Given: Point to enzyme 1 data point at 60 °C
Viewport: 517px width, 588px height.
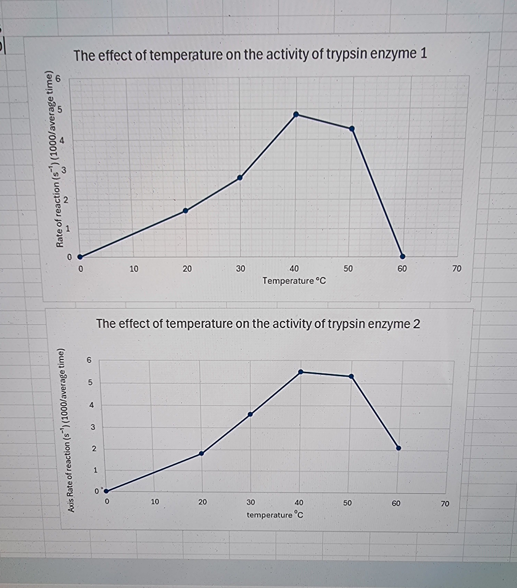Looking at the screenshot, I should pyautogui.click(x=403, y=256).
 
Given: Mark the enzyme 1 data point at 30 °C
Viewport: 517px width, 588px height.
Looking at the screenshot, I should pyautogui.click(x=240, y=177).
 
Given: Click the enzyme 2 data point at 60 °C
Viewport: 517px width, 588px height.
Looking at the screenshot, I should pyautogui.click(x=398, y=448).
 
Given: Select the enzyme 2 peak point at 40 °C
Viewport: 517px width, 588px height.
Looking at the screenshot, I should pyautogui.click(x=301, y=372).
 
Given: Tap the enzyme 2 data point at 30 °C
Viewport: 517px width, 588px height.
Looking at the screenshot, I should pyautogui.click(x=250, y=414).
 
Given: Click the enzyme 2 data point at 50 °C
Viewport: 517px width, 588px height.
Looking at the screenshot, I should pyautogui.click(x=351, y=376).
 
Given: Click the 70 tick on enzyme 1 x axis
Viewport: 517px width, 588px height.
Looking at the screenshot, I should pyautogui.click(x=457, y=269).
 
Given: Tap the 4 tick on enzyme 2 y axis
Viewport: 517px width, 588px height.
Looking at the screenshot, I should pyautogui.click(x=92, y=405).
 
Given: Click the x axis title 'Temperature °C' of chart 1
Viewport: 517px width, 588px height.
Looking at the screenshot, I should pyautogui.click(x=294, y=281).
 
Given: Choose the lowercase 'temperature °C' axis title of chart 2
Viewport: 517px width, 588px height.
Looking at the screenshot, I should pyautogui.click(x=275, y=515).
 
